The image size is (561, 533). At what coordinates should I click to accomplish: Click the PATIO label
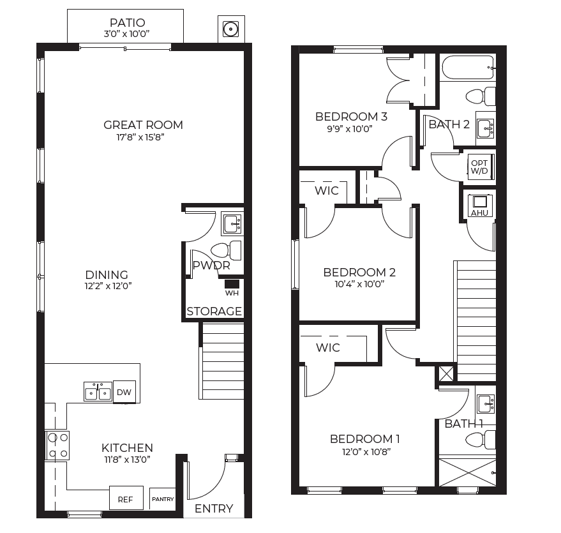128,22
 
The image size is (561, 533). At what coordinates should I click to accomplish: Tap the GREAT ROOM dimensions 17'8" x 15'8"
140,137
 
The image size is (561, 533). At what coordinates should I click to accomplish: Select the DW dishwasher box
124,392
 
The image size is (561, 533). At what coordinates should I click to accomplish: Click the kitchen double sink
98,391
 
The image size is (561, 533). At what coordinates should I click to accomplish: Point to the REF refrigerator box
126,498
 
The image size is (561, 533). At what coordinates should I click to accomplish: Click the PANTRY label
163,499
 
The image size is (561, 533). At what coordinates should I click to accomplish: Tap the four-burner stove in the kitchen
57,446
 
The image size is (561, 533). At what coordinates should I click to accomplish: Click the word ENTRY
214,508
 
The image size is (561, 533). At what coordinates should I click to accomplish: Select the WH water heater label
232,293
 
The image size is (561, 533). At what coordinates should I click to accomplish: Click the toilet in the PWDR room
226,250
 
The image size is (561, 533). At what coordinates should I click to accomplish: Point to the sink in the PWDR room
232,223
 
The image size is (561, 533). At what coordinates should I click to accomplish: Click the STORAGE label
214,312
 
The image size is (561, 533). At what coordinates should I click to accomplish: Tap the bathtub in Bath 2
468,68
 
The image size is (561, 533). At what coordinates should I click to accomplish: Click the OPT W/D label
479,167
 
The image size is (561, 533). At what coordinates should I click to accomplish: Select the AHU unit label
479,213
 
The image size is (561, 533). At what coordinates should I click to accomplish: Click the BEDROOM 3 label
351,117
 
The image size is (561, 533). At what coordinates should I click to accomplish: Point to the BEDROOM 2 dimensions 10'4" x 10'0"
359,285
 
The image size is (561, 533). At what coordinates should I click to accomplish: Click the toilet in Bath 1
481,440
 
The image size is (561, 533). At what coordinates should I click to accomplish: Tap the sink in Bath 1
486,403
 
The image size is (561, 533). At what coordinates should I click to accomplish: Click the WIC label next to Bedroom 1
327,347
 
